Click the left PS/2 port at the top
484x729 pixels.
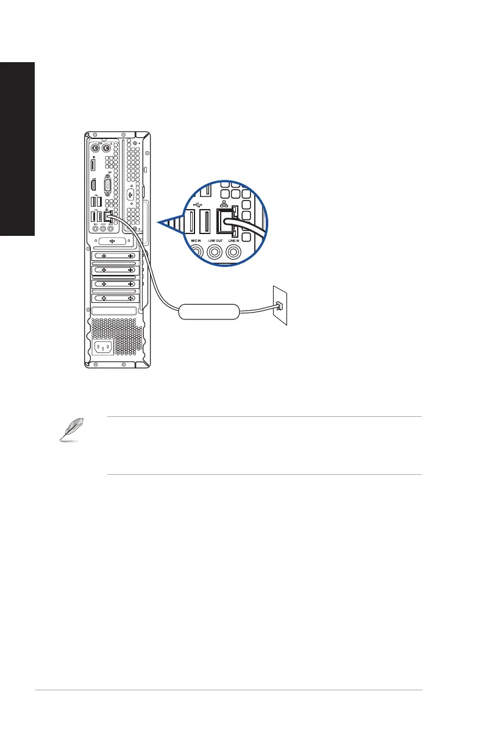click(95, 148)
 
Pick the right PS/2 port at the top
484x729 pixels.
click(106, 148)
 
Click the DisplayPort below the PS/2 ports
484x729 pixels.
click(94, 165)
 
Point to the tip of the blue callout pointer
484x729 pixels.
click(157, 224)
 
